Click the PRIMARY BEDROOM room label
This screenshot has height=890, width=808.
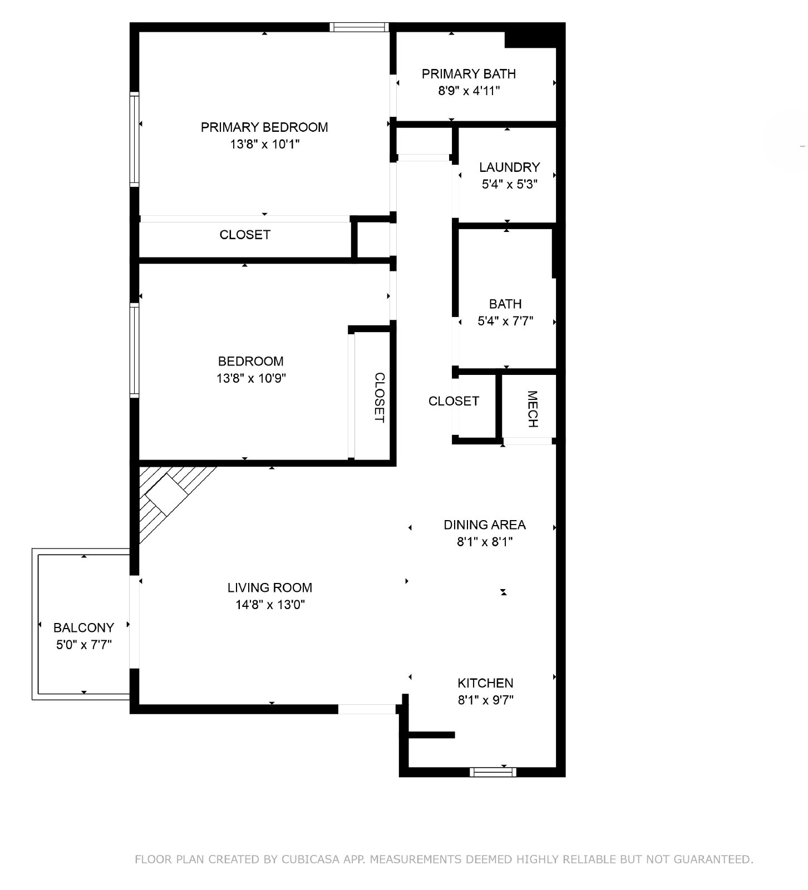coord(264,127)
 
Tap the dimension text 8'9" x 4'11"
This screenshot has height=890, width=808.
coord(469,91)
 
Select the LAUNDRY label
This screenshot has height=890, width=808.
coord(509,167)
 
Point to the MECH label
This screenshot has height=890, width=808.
coord(532,409)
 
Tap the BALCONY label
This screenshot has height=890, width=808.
coord(83,627)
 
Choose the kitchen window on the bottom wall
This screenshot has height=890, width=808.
coord(493,772)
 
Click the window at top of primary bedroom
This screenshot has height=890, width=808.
coord(358,27)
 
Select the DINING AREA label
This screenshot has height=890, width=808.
coord(485,525)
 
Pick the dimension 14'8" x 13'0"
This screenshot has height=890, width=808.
coord(270,605)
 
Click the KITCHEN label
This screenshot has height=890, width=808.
coord(485,683)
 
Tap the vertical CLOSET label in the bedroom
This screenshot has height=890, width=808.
coord(379,397)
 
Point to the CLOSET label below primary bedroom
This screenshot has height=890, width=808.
coord(245,235)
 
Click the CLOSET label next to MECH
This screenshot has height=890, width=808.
coord(454,401)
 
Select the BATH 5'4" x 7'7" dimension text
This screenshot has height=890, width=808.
coord(506,321)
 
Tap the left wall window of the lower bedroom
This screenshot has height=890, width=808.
coord(134,350)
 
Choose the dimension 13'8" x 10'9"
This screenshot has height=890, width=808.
coord(251,379)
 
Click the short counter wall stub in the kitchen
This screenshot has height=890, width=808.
coord(432,735)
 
